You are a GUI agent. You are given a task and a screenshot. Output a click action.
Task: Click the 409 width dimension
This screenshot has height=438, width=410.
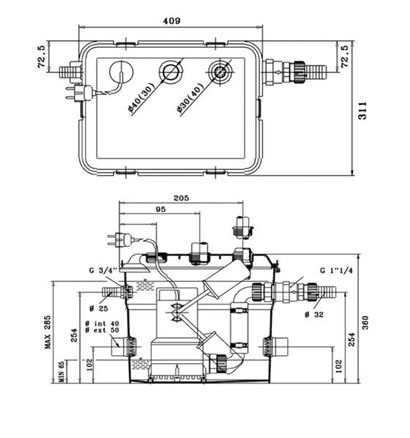click(x=172, y=21)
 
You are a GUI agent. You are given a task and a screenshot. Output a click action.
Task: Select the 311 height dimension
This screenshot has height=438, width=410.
click(x=362, y=111)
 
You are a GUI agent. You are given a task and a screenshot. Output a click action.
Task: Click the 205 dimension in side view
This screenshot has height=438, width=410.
click(x=181, y=198)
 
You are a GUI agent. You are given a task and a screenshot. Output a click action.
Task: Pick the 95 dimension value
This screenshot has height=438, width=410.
click(x=161, y=210)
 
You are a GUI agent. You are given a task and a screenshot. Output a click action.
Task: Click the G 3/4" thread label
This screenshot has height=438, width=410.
click(x=103, y=271)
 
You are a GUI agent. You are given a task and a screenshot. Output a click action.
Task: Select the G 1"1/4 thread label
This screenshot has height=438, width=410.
click(x=336, y=270)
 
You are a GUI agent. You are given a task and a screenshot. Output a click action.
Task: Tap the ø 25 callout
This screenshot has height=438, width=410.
click(x=99, y=308)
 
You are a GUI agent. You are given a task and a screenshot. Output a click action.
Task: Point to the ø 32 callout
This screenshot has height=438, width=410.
click(x=314, y=315)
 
